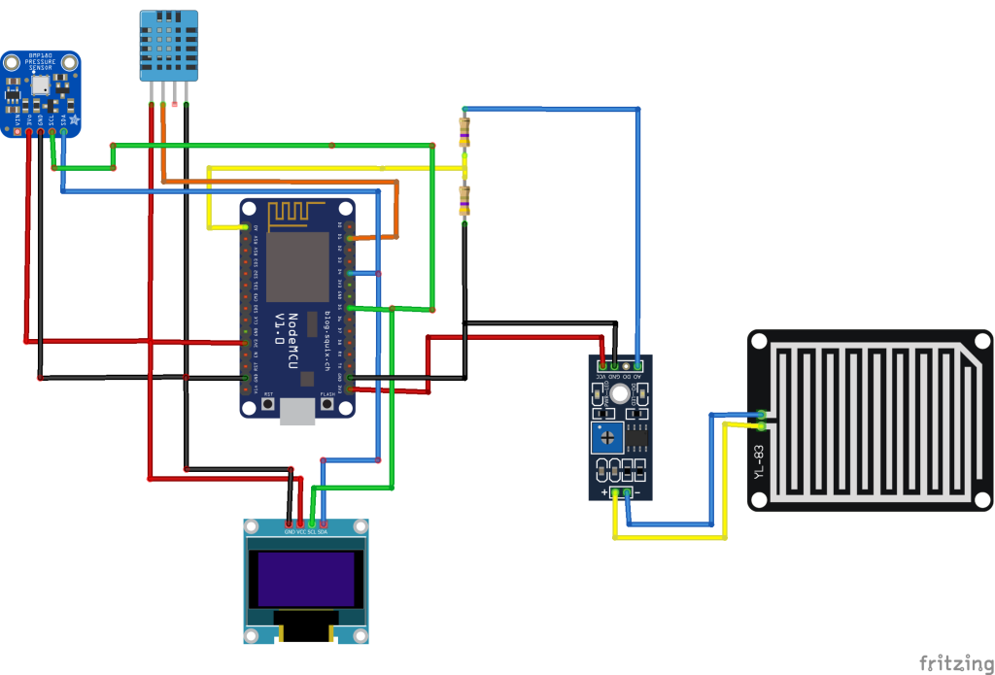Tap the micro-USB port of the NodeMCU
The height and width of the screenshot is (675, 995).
pos(296,415)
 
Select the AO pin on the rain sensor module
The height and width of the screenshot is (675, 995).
pos(637,365)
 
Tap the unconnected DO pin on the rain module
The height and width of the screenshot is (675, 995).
pos(626,365)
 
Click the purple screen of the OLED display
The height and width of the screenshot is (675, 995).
pos(305,578)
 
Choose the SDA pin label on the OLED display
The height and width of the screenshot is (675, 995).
pos(323,532)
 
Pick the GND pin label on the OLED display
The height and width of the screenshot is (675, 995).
pos(289,532)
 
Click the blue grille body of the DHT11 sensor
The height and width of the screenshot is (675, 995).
pos(170,44)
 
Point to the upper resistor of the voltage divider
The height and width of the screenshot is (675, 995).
pos(464,131)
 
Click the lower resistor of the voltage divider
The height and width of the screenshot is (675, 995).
pos(464,201)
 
